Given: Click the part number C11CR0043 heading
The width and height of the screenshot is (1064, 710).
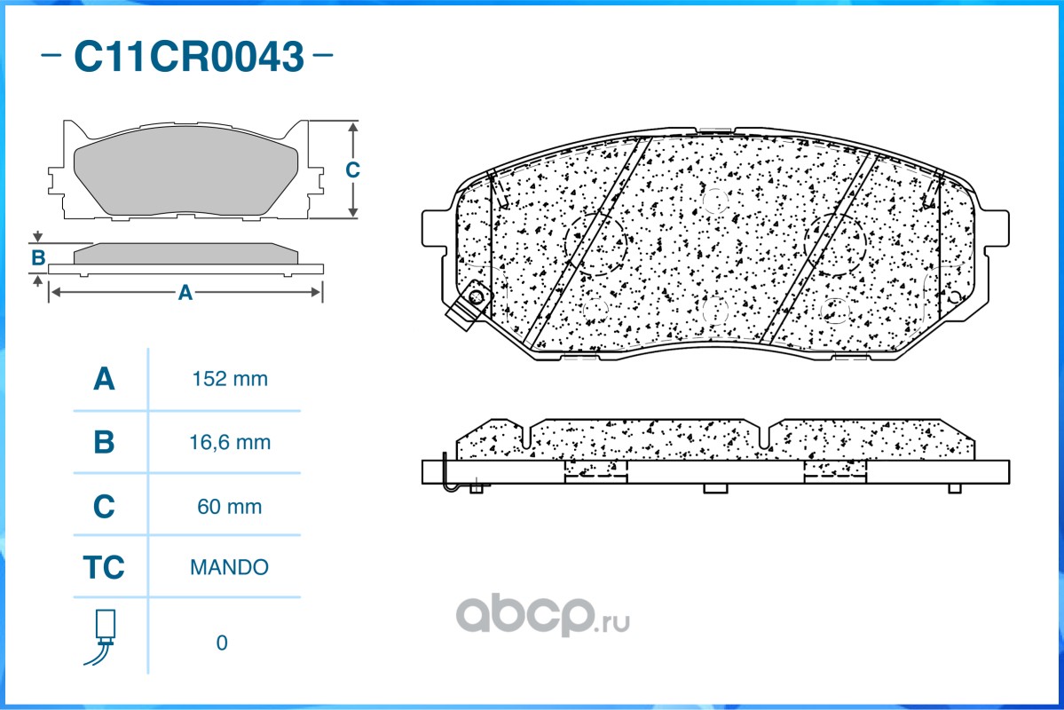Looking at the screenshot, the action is point(189,56).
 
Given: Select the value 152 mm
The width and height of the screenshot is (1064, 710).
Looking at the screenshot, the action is point(230,379).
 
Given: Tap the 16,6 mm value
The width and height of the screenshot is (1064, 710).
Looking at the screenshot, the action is point(230,443).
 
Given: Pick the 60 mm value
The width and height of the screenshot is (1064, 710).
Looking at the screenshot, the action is point(229,507).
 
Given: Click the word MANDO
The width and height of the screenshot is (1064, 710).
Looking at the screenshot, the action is point(229,567).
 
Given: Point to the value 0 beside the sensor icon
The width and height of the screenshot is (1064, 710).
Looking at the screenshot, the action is point(222,643).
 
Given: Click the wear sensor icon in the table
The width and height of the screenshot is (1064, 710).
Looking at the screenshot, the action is point(102,636).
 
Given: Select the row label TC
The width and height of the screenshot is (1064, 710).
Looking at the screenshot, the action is point(104,567).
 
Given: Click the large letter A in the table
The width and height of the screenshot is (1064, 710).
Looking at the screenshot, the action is point(104,379).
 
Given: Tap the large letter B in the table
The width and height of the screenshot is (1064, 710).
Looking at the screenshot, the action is point(104,443).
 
